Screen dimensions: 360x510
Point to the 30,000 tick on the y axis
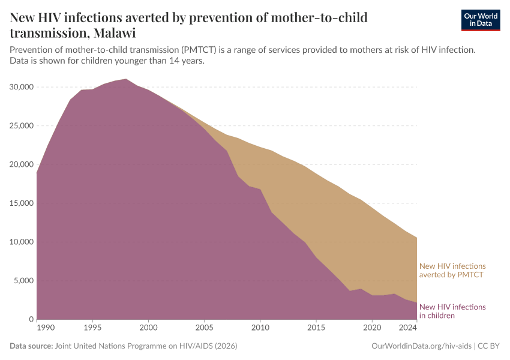[22, 87]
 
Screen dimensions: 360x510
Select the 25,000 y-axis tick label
[22, 126]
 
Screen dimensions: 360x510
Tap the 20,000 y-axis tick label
[22, 164]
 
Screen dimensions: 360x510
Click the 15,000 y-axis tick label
[22, 203]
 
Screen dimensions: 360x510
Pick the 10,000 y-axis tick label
[22, 242]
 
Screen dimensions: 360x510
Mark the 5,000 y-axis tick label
[24, 281]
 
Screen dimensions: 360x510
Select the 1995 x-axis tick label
[92, 328]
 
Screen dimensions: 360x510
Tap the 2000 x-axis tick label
[148, 328]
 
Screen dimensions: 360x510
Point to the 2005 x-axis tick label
[204, 328]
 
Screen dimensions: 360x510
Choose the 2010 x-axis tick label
[260, 328]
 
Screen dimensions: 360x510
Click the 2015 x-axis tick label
[316, 328]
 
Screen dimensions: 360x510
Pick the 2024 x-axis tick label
[408, 328]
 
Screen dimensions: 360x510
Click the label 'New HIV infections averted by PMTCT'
[452, 270]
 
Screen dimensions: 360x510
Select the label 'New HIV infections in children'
[452, 311]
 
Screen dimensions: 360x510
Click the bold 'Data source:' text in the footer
[31, 346]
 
